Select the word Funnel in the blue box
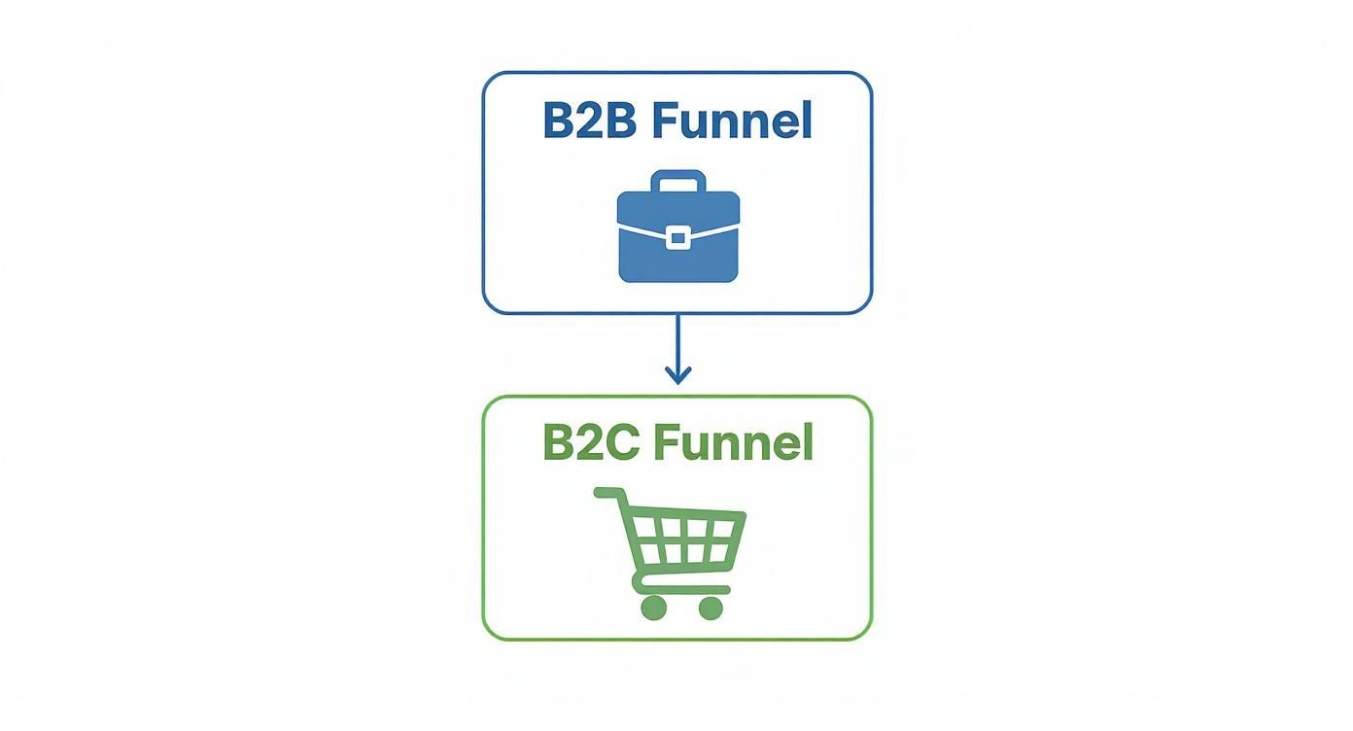tap(731, 122)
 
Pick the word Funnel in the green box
tap(732, 442)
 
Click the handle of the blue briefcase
tap(677, 181)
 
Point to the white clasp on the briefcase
tap(678, 236)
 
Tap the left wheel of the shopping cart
tap(653, 608)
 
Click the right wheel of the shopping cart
tap(711, 608)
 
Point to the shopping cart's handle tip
tap(601, 493)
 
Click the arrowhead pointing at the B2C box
tap(677, 376)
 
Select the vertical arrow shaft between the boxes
tap(677, 340)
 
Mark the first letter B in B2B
tap(560, 122)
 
